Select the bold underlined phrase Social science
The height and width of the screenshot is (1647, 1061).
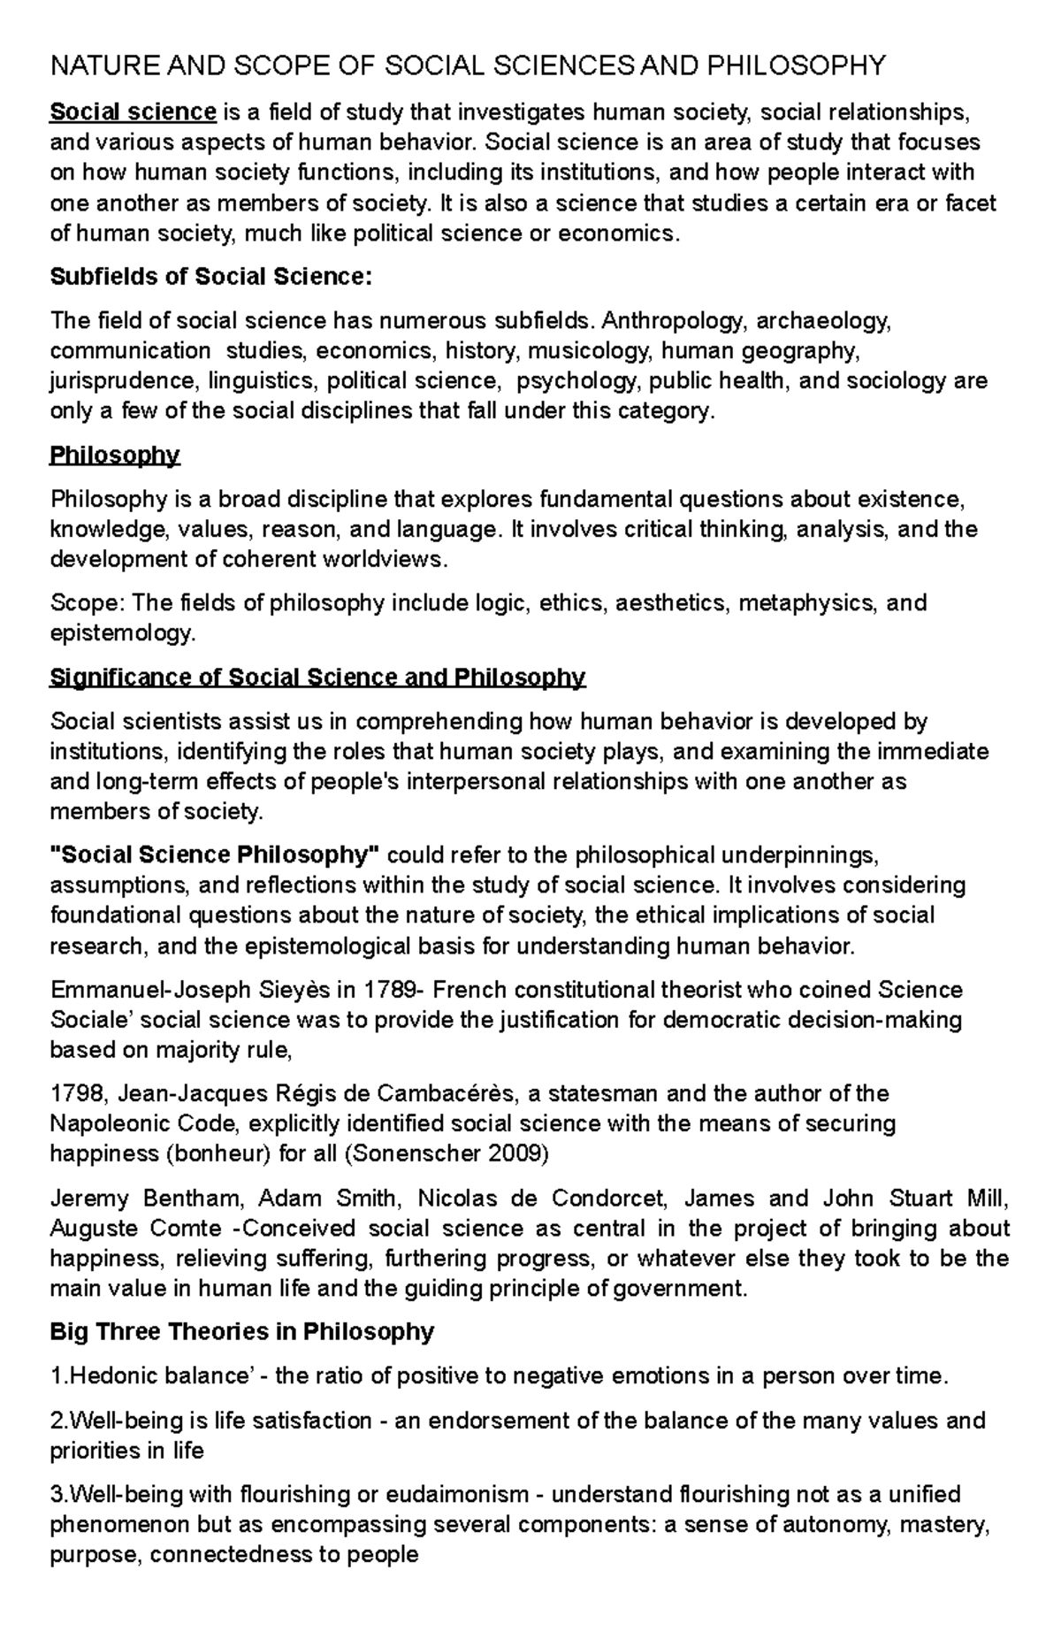click(x=133, y=112)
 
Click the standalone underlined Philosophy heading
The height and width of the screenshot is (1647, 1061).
click(x=115, y=456)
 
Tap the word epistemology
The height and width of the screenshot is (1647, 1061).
click(x=120, y=633)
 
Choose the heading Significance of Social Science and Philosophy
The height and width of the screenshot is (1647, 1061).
click(x=317, y=678)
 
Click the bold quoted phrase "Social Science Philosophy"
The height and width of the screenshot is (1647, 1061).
click(x=215, y=855)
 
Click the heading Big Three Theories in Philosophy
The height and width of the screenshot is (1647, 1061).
click(x=242, y=1332)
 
